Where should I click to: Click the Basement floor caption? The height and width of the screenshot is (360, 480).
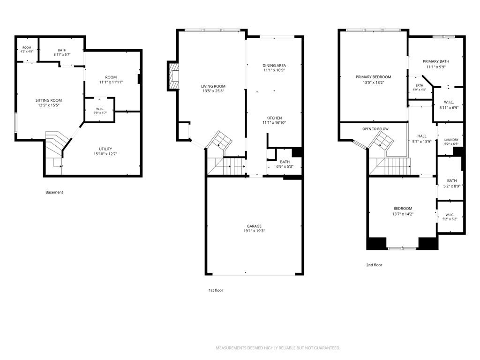point(54,192)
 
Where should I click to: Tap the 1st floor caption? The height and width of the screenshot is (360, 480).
point(216,290)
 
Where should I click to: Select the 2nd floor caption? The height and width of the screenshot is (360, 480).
point(374,265)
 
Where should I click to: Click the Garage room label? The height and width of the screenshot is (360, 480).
point(254,226)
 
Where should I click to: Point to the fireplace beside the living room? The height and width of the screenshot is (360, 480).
point(173,76)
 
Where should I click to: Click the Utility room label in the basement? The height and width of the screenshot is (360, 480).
point(105,149)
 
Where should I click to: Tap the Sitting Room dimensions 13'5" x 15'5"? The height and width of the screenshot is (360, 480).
point(48,105)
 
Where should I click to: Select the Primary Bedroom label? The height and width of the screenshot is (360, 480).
point(374,77)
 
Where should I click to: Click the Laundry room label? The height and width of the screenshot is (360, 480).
point(451,140)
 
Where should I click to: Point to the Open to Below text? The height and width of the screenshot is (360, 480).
point(375,129)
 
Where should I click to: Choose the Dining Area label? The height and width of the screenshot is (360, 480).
point(274,66)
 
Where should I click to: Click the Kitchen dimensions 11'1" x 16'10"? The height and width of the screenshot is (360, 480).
point(274,123)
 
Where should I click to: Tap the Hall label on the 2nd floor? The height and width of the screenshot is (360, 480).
point(422,136)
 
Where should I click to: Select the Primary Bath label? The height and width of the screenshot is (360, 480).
point(436,61)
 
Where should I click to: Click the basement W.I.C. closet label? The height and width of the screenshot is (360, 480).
point(100,109)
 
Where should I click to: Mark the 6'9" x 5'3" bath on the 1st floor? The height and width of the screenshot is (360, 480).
point(285,165)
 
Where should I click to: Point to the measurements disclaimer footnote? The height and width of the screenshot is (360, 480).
point(278,348)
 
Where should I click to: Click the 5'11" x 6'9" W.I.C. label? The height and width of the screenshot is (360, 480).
point(449,105)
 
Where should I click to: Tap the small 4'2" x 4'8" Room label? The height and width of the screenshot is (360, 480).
point(27,50)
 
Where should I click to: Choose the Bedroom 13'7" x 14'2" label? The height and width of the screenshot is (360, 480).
point(403,211)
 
